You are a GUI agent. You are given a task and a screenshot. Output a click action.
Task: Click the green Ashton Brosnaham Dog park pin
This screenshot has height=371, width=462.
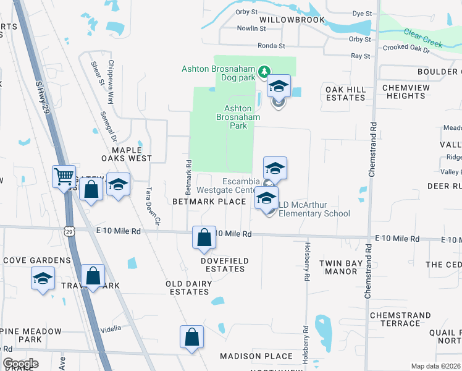coord(264,71)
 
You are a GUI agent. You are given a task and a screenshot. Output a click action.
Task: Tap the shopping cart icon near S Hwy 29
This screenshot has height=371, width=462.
coord(64,177)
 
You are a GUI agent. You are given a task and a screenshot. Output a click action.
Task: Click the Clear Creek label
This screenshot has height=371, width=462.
coord(423,38)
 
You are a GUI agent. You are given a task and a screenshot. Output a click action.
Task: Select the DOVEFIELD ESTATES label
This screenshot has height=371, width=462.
coord(224,265)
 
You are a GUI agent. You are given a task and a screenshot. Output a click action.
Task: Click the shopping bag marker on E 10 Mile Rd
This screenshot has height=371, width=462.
coord(204,237)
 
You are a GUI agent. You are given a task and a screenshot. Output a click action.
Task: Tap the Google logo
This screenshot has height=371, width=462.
coord(20,364)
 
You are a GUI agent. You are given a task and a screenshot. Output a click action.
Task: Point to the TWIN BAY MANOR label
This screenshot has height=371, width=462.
coord(342,267)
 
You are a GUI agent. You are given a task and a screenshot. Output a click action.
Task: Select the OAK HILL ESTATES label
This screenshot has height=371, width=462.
coord(346,93)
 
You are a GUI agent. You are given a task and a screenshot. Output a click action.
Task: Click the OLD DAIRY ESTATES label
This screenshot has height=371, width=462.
coord(189,288)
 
